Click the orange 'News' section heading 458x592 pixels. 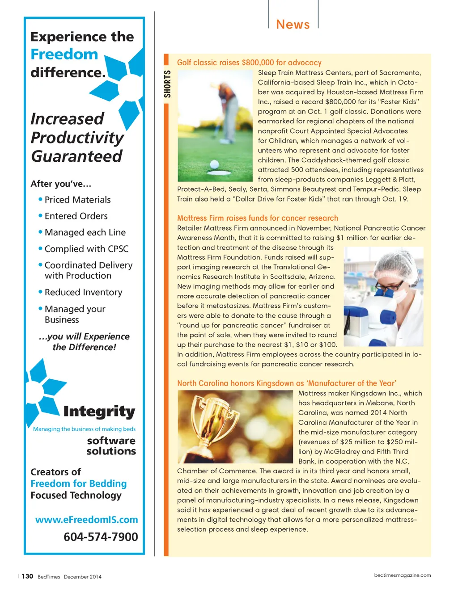click(x=293, y=25)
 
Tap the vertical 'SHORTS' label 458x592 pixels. click(x=167, y=84)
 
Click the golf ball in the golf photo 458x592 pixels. click(x=214, y=164)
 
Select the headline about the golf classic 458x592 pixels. click(x=249, y=63)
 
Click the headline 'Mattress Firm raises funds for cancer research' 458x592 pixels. click(x=257, y=218)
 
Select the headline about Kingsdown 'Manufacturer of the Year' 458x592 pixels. click(x=286, y=383)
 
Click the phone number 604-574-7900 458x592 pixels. click(x=101, y=537)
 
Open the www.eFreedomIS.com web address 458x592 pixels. click(x=86, y=520)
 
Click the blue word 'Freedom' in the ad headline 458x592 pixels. click(x=64, y=55)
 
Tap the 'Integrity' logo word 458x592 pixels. click(x=99, y=411)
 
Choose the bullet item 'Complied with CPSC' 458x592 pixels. click(x=86, y=249)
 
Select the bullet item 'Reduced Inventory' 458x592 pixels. click(x=83, y=292)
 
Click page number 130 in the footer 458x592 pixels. click(x=27, y=576)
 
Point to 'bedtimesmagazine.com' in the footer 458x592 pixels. click(x=402, y=575)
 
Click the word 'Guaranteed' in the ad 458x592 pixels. click(x=76, y=156)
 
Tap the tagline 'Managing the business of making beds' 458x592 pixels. click(x=84, y=429)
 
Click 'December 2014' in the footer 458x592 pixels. click(x=82, y=577)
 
